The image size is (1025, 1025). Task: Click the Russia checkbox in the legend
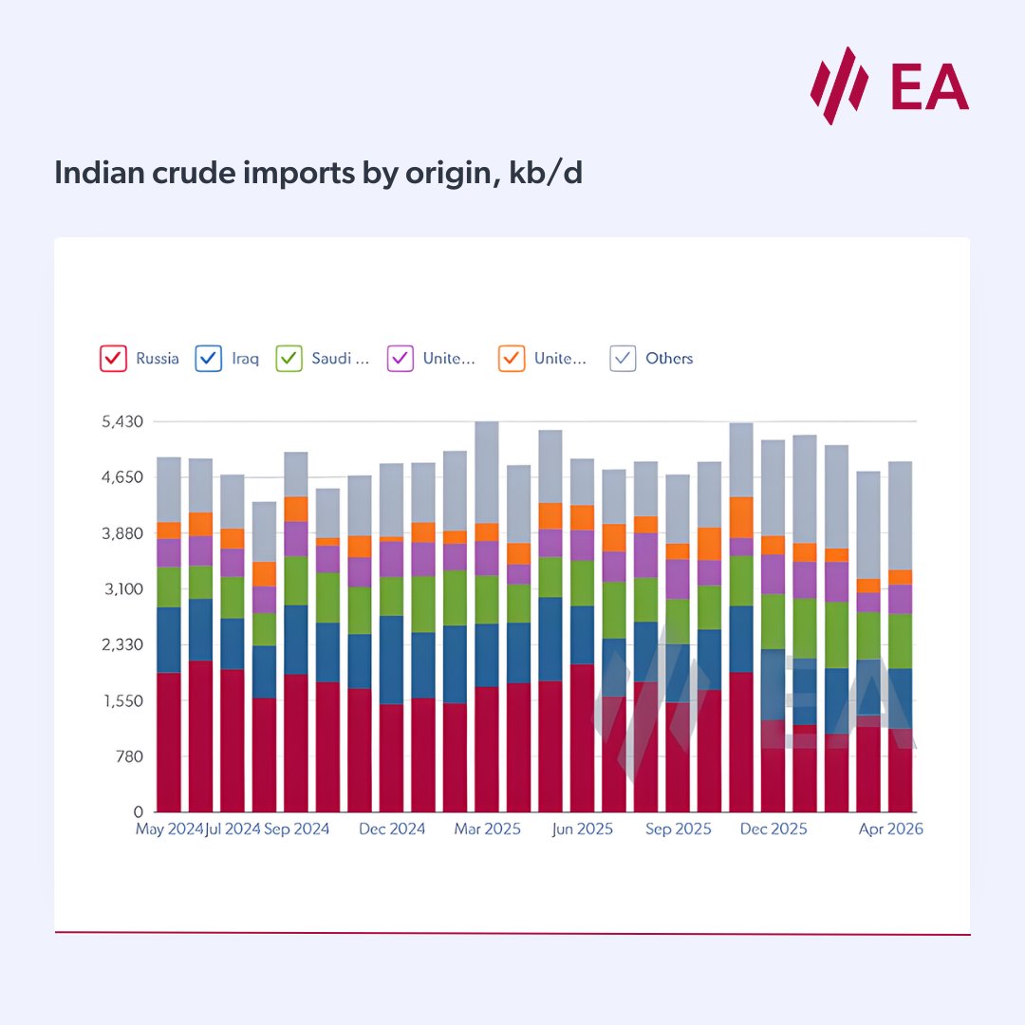[x=113, y=359]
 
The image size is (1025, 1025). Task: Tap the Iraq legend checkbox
[x=208, y=359]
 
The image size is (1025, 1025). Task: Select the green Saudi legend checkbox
[x=289, y=359]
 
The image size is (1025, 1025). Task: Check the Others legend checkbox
[x=623, y=359]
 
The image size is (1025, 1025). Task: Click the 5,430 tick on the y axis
[x=122, y=421]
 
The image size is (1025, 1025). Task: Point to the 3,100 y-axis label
[x=122, y=589]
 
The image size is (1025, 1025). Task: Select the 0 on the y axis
[x=138, y=813]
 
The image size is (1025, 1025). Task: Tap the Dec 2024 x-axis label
[x=392, y=829]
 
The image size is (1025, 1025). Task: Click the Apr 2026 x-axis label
[x=889, y=829]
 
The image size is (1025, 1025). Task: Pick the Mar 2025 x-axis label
[x=487, y=829]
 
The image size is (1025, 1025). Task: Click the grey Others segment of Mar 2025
[x=487, y=472]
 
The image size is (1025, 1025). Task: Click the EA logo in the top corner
[x=889, y=85]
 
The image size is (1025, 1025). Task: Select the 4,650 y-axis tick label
[x=122, y=477]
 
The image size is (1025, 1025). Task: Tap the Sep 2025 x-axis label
[x=678, y=829]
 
